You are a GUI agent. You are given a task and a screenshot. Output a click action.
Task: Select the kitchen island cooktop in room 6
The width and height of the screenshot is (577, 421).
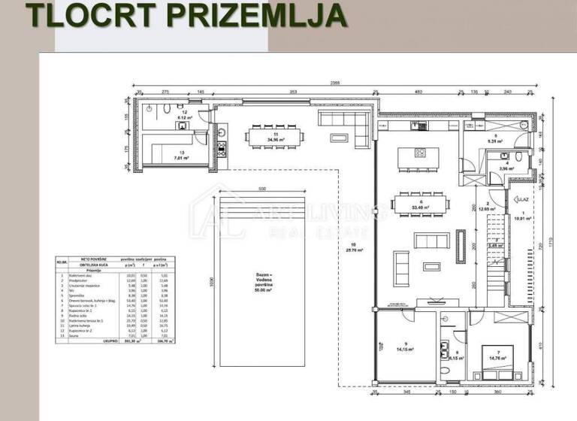[421, 153]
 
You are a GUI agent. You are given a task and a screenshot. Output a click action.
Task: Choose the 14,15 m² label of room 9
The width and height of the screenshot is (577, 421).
[408, 348]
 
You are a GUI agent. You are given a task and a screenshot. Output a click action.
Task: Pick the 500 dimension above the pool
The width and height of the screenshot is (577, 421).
[262, 188]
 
